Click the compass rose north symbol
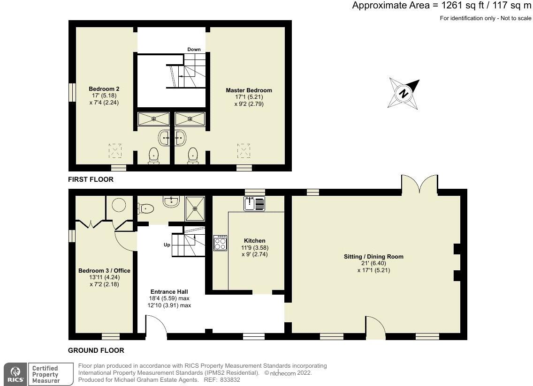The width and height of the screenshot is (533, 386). coord(404,93)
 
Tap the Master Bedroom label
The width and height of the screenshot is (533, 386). coord(249,90)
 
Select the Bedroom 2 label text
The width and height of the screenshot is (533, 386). coord(104,89)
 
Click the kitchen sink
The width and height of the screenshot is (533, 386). coord(254,204)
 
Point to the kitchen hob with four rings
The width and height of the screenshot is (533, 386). coord(220,243)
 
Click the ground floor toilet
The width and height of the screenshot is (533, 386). coord(146,208)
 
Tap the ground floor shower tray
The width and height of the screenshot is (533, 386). coord(195,208)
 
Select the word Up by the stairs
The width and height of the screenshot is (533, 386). coord(167,245)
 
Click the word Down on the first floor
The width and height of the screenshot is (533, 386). coord(194,50)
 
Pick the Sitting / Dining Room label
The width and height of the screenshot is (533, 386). coord(373,257)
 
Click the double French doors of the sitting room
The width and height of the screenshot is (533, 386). coord(419,183)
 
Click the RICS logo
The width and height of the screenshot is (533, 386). coord(15,374)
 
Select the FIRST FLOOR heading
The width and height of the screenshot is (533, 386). coord(91,179)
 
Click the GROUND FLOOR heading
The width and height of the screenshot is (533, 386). coord(96,350)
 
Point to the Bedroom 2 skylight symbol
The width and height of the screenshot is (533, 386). coord(115,151)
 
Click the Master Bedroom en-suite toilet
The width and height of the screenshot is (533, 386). coord(193,156)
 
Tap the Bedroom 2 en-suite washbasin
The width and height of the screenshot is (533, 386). coord(164,138)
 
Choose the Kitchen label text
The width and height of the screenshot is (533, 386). coord(255,241)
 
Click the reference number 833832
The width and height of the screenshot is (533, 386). coord(229,380)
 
